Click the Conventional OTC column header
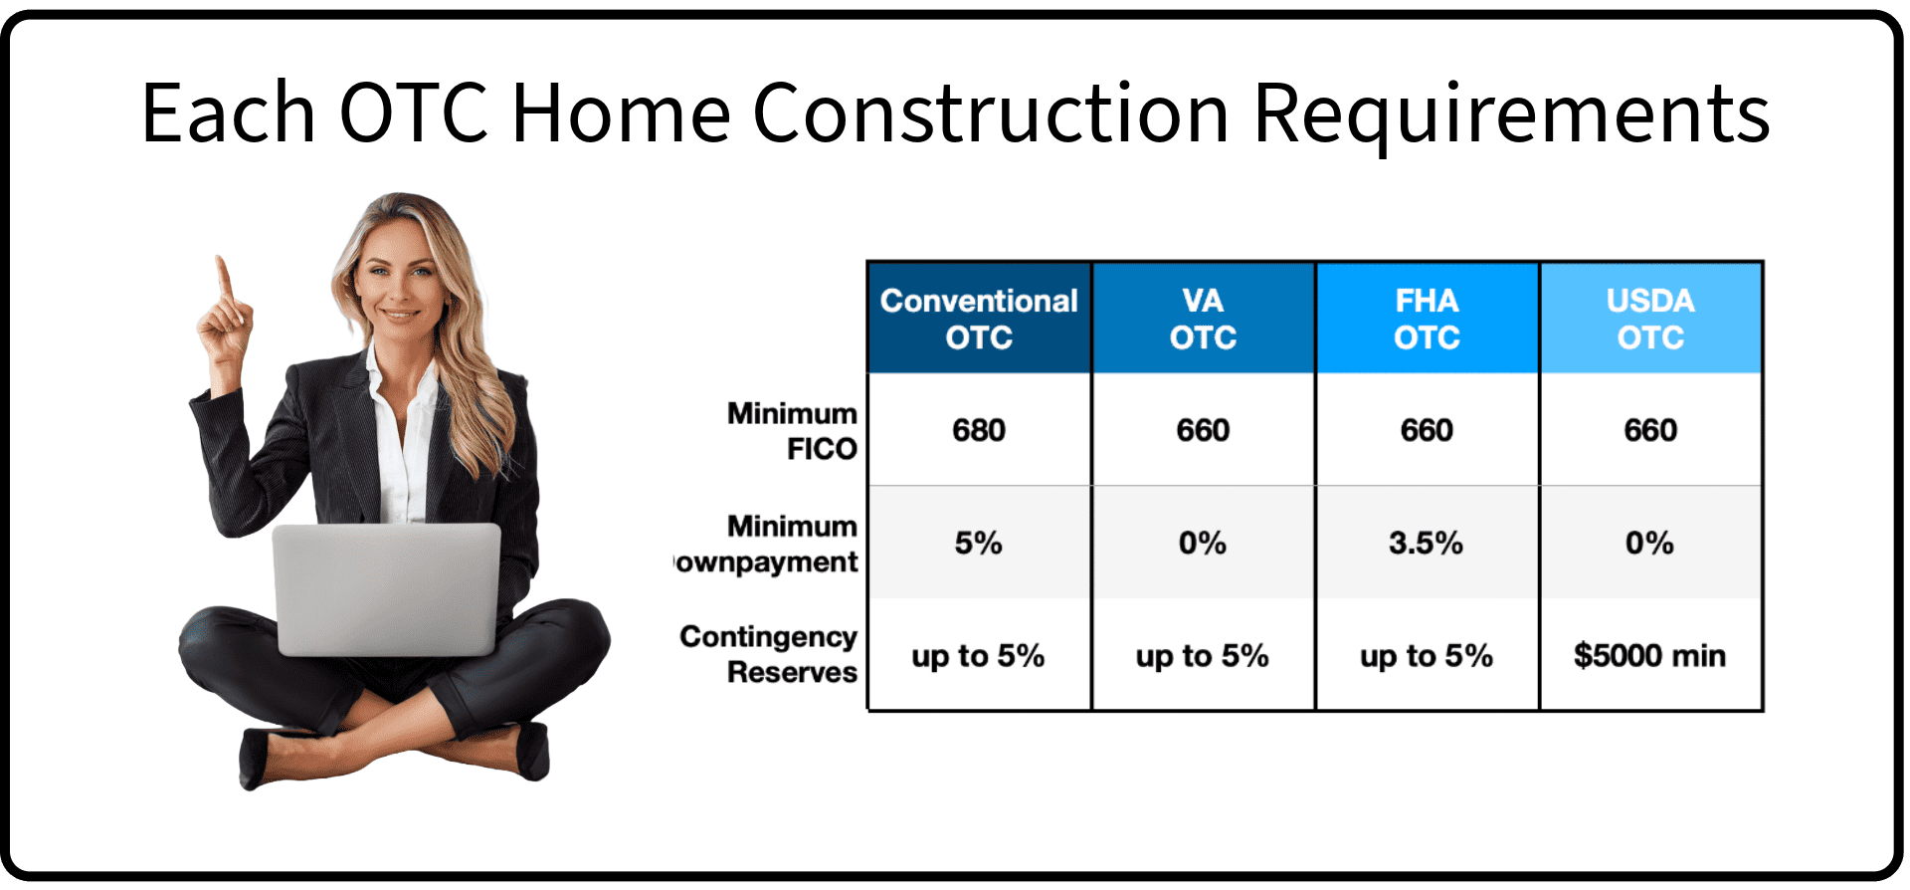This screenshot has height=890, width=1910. (979, 319)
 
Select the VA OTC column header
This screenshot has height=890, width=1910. (1203, 319)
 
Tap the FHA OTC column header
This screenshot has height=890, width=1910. (1427, 319)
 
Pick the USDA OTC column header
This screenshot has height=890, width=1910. (1650, 319)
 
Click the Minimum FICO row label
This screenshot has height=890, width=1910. (792, 431)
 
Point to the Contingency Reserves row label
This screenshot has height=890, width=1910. (768, 654)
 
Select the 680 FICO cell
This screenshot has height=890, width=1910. (979, 430)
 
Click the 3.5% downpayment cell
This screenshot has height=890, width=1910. (1426, 543)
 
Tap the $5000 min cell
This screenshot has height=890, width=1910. (1649, 655)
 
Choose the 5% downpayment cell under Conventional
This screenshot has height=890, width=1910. (979, 543)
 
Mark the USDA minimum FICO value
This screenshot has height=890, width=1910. (1650, 430)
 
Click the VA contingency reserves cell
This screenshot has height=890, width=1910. (1202, 656)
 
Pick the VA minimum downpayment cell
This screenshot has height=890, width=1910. (1203, 543)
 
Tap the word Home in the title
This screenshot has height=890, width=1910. (621, 112)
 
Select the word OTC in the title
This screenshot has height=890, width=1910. (414, 112)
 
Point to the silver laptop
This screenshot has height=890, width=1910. (388, 589)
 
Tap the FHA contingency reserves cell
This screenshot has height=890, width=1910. (1426, 656)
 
